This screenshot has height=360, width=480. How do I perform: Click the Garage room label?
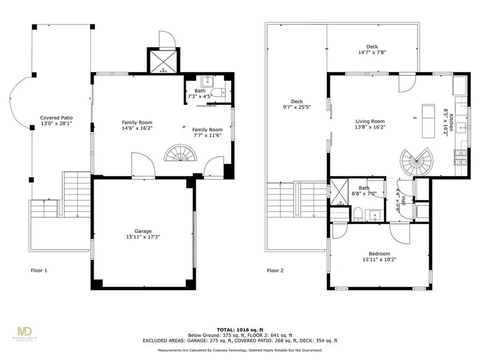143,231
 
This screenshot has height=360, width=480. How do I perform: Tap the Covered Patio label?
56,118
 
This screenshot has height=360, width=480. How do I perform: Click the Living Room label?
370,121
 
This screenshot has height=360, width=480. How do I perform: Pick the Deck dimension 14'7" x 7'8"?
372,53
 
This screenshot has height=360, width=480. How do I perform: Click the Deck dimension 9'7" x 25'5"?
297,107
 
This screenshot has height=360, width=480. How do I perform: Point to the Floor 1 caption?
39,270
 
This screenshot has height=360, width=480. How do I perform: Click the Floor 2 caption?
275,270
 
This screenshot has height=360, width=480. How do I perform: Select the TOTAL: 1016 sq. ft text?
240,329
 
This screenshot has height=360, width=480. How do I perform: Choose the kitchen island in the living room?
428,121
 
